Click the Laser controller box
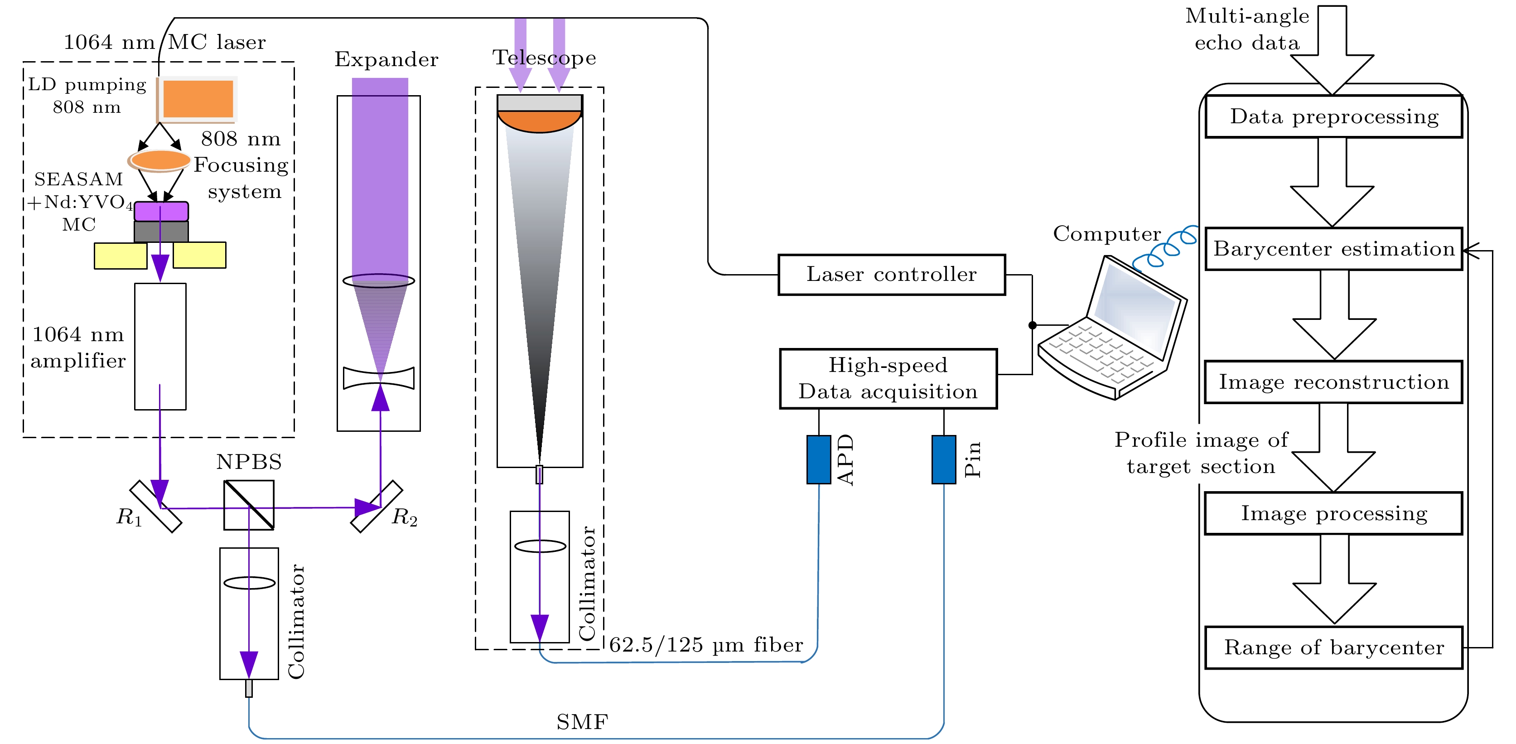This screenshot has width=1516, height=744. click(x=891, y=275)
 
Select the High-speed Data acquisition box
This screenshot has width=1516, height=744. click(x=888, y=378)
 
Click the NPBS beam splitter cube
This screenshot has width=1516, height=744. click(x=248, y=505)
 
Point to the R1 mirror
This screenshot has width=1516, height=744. click(x=156, y=507)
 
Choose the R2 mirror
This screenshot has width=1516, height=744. click(x=377, y=507)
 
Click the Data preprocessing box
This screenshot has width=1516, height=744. click(x=1333, y=116)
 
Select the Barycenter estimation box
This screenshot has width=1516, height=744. click(x=1333, y=249)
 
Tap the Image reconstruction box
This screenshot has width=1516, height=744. click(x=1333, y=382)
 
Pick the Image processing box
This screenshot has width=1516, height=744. click(x=1333, y=513)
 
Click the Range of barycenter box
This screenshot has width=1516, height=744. click(x=1333, y=647)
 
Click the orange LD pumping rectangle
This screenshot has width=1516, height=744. click(x=198, y=99)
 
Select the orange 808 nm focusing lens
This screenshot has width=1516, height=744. click(x=159, y=159)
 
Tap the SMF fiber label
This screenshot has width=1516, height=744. click(x=582, y=722)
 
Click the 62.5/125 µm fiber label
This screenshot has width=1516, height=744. click(x=705, y=645)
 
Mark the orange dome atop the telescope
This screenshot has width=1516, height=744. click(x=539, y=121)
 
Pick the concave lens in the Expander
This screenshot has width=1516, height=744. click(x=378, y=378)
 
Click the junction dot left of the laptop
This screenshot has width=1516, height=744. click(x=1032, y=325)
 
